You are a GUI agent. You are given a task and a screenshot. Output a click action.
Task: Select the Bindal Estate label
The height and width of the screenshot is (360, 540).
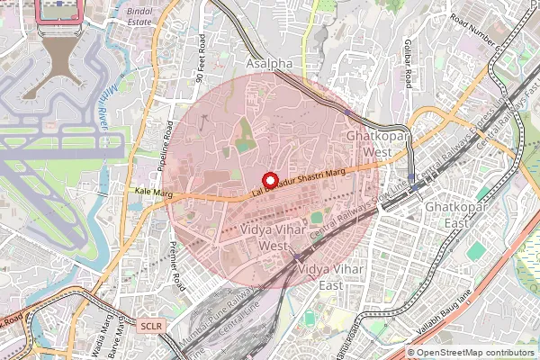pos(140,14)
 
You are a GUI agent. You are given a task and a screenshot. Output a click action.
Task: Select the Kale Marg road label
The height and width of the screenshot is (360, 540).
pos(152,192)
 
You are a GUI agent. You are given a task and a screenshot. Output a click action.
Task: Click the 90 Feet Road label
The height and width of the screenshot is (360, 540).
pos(200,59)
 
